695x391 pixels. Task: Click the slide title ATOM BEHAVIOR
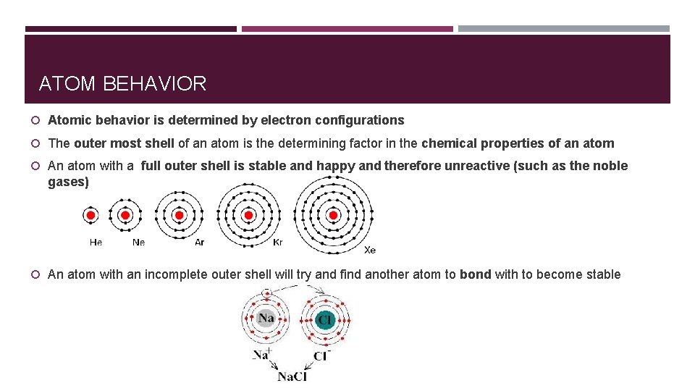tap(122, 84)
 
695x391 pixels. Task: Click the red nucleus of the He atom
tap(91, 215)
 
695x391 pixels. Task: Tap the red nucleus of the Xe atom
tap(334, 215)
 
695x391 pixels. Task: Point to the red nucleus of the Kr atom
tap(249, 215)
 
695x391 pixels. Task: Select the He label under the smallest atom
tap(96, 243)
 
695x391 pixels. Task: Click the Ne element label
tap(138, 243)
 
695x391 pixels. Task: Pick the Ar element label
tap(200, 243)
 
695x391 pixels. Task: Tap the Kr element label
tap(277, 243)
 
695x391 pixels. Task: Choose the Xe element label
tap(370, 250)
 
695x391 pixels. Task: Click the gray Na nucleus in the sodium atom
tap(266, 319)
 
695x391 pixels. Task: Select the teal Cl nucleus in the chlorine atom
tap(325, 319)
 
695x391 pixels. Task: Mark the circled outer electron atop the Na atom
tap(266, 294)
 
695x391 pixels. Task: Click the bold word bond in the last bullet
tap(476, 274)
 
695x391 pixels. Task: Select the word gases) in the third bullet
tap(68, 182)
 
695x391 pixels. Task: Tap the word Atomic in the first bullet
tap(69, 120)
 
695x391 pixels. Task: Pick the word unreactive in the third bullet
tap(476, 166)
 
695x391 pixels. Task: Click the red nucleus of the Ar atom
tap(180, 215)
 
